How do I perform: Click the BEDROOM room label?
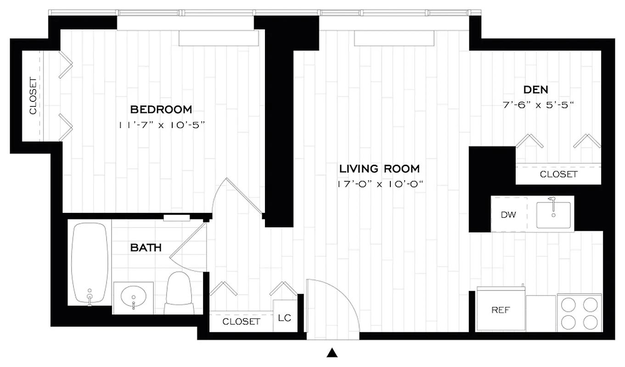pos(161,110)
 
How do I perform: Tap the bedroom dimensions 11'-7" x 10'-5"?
pos(161,125)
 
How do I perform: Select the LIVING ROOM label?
pos(379,168)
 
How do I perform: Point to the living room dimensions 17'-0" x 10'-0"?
pos(379,184)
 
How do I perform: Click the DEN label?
pos(535,89)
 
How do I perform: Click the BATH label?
pos(146,248)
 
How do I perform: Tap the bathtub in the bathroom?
pos(90,264)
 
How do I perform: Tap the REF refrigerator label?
pos(501,310)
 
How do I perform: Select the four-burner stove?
pos(580,313)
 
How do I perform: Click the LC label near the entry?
pos(285,317)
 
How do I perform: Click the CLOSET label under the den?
pos(558,174)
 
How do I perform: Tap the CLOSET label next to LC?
pos(241,322)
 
